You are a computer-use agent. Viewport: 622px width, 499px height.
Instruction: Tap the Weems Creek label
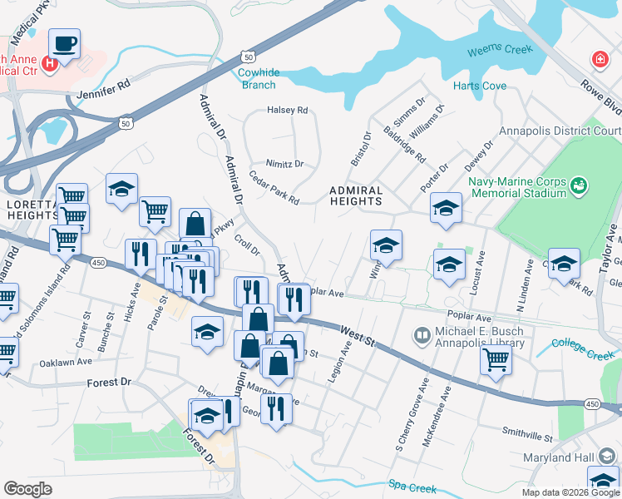point(499,49)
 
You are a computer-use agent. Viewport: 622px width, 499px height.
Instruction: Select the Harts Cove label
point(480,86)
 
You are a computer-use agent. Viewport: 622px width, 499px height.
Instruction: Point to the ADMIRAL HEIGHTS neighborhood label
point(356,196)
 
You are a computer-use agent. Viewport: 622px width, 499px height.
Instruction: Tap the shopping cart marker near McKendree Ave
point(496,361)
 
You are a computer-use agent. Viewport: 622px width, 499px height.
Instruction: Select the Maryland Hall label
point(559,458)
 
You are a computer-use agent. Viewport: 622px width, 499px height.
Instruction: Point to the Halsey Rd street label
point(287,110)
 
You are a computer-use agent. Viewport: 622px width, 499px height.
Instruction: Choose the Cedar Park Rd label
point(274,187)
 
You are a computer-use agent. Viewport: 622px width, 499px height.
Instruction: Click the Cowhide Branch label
point(257,78)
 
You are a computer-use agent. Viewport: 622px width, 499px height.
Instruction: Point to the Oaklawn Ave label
point(65,363)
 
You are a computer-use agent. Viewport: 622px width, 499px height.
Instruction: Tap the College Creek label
point(582,343)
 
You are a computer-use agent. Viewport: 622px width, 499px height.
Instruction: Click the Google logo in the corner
point(27,489)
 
